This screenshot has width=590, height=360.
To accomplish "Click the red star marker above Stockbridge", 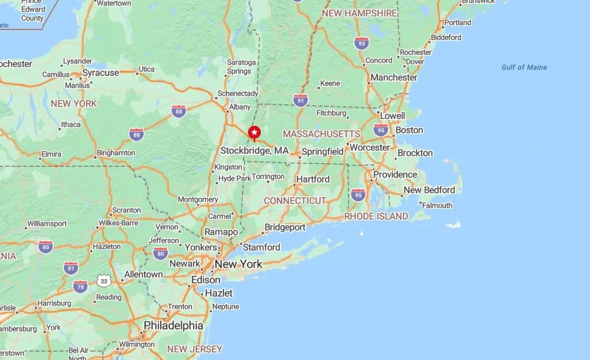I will pos(254,132).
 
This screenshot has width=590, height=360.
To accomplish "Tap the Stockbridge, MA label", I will pos(254,151).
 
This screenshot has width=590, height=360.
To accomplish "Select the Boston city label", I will pos(409,130).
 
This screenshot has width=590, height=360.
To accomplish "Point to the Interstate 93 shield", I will pos(361,43).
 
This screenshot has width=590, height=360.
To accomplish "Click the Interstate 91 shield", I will pos(301,100).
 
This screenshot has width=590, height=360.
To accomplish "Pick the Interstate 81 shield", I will pos(71,268).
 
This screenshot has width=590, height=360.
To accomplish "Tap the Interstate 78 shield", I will pos(80,286).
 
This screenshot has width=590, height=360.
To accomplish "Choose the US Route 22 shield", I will pos(104,280).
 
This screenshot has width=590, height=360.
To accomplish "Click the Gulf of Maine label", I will pos(524,68).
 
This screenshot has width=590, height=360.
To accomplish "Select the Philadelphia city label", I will pos(173,325).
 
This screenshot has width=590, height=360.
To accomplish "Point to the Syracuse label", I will pos(100,73).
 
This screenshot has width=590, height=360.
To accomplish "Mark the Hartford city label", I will pos(313,179).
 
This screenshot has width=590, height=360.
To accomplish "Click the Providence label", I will pos(395,175).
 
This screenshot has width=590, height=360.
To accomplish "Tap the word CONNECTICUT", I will pos(295,201).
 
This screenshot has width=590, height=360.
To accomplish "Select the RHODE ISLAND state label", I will pos(376,216).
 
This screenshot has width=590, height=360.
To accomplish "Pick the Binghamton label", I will pos(115,153).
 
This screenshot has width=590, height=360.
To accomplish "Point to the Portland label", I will pos(458,23).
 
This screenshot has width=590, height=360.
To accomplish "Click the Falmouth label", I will pos(437,206).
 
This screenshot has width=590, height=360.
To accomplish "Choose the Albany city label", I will pos(240,107).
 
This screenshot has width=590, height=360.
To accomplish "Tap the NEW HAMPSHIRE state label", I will pos(360,13).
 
